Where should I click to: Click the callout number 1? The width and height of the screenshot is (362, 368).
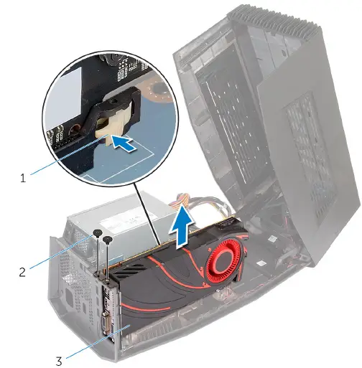(x=24, y=176)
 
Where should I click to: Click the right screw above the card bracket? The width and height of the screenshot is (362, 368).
(x=108, y=240)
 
